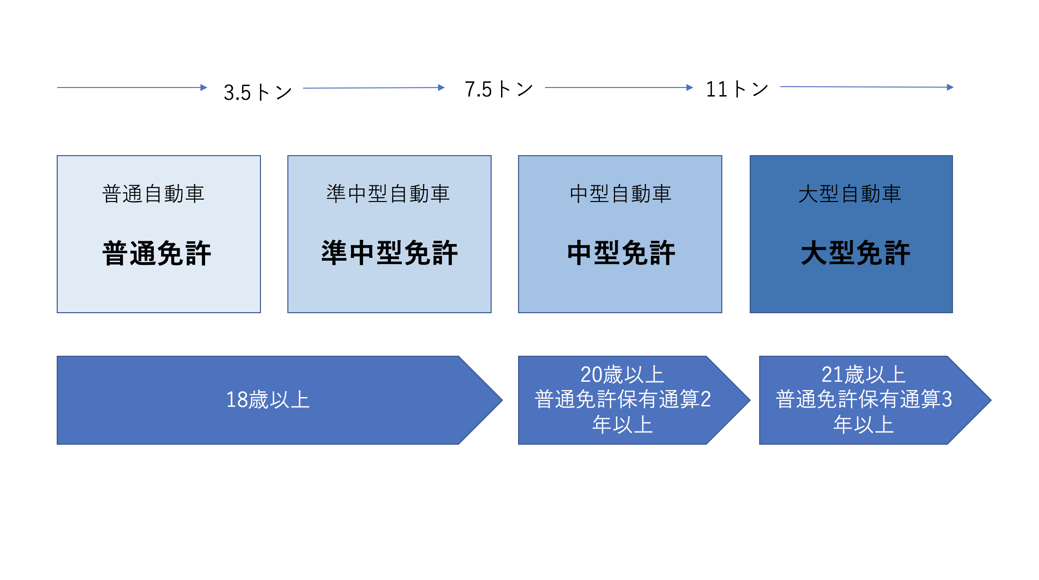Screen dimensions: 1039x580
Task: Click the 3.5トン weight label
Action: coord(258,92)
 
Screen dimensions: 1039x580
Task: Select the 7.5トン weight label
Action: coord(499,89)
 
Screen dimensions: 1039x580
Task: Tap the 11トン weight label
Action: coord(737,89)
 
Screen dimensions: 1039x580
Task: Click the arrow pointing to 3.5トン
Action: coord(132,88)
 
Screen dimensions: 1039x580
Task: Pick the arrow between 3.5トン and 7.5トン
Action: coord(374,88)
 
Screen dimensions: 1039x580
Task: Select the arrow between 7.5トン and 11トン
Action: coord(619,88)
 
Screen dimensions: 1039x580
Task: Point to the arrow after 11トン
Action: coord(867,87)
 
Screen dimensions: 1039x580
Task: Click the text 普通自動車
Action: coord(153,194)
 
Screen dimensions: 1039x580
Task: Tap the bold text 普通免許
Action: coord(156,253)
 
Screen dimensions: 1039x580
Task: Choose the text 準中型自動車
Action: coord(388,194)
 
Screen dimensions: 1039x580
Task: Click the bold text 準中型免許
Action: coord(390,253)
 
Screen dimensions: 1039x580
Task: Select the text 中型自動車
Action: coord(621,194)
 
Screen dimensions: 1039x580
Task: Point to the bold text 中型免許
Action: coord(621,253)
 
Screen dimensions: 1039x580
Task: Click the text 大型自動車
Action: coord(850,194)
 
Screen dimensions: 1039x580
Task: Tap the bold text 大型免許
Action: coord(856,253)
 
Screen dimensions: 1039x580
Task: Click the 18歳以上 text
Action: coord(268,400)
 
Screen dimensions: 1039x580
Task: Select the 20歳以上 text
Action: coord(622,375)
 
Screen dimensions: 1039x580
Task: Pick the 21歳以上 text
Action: coord(863,375)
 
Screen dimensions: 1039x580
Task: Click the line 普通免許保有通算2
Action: coord(623,399)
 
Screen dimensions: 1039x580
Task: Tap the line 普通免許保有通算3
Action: coord(864,399)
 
